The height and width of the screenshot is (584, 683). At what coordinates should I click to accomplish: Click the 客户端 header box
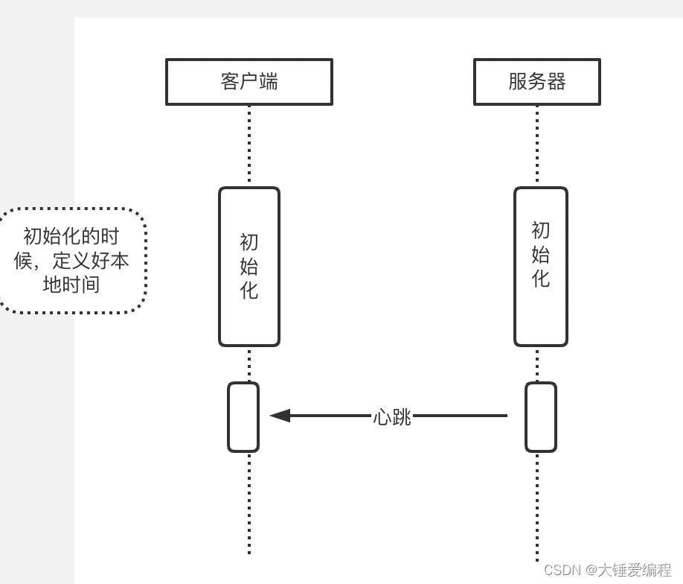pos(248,82)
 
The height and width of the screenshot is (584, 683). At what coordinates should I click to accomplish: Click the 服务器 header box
pos(536,82)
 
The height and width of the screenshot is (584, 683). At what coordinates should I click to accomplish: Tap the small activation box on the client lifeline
pos(243,417)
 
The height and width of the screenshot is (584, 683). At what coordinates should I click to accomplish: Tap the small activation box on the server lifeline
pos(541,417)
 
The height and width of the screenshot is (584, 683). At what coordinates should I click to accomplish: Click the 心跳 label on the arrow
pos(392,416)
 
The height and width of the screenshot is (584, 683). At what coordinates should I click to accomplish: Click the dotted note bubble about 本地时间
pos(72,261)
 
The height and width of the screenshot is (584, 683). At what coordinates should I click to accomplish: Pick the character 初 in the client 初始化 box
pos(249,243)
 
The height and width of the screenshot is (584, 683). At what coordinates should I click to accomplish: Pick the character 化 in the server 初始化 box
pos(541,278)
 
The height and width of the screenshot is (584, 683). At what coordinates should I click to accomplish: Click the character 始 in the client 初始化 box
pos(249,267)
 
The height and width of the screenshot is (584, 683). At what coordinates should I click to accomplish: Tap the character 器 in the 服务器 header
pos(557,81)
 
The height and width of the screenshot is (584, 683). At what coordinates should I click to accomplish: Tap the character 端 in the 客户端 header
pos(269,81)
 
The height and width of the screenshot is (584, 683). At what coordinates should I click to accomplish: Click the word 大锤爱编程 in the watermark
pos(635,570)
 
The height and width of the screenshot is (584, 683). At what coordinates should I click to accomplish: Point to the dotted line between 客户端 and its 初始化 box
pos(249,145)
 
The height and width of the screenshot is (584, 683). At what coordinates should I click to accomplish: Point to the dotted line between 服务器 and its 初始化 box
pos(537,145)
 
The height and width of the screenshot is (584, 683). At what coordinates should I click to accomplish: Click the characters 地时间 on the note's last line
pos(71,285)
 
